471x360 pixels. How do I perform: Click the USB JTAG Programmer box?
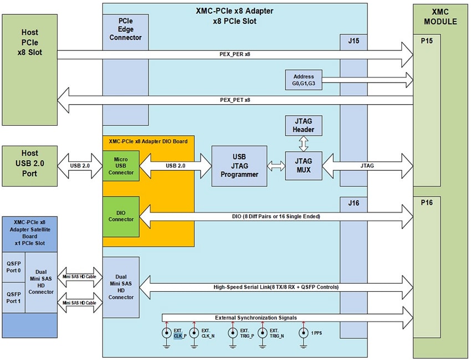239,166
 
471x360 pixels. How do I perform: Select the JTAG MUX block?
303,166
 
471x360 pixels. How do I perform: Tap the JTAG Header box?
303,126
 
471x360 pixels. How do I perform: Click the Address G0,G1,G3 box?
303,80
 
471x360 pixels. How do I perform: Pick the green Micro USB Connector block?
120,166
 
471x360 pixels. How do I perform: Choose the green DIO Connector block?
120,215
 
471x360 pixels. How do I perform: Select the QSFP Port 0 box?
13,268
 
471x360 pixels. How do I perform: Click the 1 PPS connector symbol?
303,333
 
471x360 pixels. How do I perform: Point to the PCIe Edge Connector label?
125,29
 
